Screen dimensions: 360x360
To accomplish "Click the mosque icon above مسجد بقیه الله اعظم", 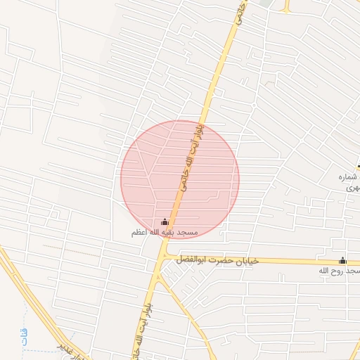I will point(165,222).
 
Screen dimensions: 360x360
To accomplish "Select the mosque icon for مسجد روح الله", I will point(342,260).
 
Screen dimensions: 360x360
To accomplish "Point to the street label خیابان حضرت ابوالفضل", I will point(218,260).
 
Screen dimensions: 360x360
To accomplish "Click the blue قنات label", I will point(23,333).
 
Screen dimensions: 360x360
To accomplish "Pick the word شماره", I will point(349,178).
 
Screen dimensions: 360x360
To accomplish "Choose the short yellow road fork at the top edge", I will point(286,6).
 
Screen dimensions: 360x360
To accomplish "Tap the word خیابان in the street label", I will point(247,260).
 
